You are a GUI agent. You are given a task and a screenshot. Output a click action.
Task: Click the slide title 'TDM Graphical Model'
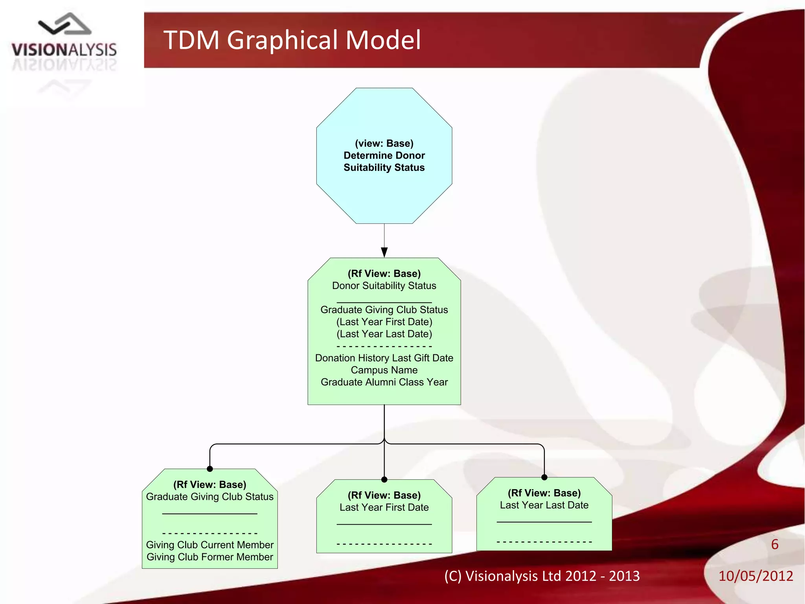point(292,40)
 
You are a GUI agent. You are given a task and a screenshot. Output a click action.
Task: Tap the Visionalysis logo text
point(64,50)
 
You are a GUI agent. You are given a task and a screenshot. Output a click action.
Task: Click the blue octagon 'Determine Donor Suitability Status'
point(384,155)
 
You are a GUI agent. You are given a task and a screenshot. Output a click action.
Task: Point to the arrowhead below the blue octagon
point(384,252)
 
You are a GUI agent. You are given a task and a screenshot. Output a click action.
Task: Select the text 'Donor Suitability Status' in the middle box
point(384,286)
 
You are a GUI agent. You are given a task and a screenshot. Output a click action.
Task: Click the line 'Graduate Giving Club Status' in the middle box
point(384,310)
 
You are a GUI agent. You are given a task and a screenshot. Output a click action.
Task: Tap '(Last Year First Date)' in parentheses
point(384,322)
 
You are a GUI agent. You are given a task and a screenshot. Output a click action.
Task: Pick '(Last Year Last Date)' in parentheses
point(384,334)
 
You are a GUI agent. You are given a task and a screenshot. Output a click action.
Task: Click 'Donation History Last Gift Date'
point(384,358)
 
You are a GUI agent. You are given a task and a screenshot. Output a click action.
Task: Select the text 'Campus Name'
point(384,370)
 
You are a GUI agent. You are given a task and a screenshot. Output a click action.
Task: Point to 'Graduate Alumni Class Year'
point(384,382)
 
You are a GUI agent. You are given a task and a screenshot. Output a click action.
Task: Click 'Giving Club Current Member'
point(210,545)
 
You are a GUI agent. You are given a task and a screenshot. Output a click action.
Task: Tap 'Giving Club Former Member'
point(210,557)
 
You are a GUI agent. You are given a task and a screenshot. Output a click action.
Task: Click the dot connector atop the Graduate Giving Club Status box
point(210,469)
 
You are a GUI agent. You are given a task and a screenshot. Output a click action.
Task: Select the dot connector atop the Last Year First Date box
point(384,479)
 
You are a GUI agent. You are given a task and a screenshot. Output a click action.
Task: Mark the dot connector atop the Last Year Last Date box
point(544,477)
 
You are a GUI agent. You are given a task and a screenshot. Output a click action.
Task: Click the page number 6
point(775,545)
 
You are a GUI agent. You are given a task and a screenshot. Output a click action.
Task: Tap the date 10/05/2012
point(755,576)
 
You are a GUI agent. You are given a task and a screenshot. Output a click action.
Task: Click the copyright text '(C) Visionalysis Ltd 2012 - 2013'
point(542,576)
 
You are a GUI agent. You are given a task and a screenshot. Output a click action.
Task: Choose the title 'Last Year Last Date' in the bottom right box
point(544,505)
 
